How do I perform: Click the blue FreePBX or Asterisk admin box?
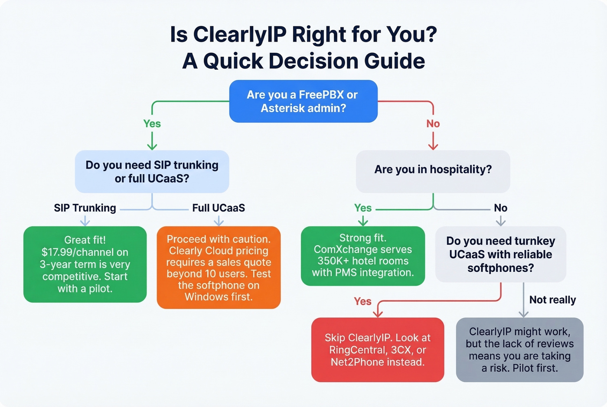(303, 101)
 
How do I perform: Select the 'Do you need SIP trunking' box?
(152, 172)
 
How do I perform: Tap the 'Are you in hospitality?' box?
(433, 169)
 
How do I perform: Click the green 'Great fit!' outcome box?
(85, 264)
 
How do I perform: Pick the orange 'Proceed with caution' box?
(219, 267)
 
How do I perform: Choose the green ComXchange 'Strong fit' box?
(363, 256)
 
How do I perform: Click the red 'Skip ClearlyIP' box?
(378, 350)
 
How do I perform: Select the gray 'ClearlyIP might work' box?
(519, 350)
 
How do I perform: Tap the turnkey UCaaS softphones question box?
(501, 254)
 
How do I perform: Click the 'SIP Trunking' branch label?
(85, 208)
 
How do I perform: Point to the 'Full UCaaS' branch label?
(219, 208)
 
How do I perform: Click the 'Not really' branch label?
(552, 300)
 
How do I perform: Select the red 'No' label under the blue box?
(433, 124)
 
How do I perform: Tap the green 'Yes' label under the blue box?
(152, 124)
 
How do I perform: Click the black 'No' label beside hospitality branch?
(500, 208)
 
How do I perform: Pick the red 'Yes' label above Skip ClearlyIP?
(362, 301)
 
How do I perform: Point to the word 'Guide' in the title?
(395, 61)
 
